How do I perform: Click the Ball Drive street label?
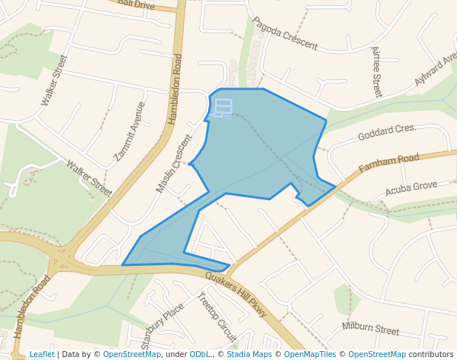(x=136, y=4)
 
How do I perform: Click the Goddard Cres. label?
(x=387, y=133)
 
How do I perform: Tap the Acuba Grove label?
(x=411, y=189)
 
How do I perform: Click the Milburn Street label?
(x=370, y=327)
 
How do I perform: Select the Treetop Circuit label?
(x=216, y=316)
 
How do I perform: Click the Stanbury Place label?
(x=162, y=325)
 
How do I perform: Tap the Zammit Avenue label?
(x=129, y=131)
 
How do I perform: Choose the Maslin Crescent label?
(x=174, y=164)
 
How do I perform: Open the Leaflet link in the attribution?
(x=41, y=354)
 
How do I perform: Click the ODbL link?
(x=199, y=354)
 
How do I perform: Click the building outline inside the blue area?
(x=222, y=108)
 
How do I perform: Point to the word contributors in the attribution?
(x=431, y=354)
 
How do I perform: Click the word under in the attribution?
(x=176, y=354)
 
